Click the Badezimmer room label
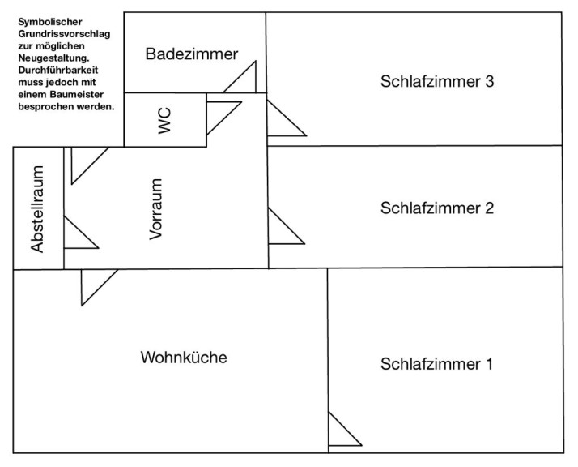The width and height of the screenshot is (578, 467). pos(192,54)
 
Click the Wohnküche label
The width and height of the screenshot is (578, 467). pos(183,358)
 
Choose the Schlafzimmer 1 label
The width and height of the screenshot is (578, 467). pos(436,363)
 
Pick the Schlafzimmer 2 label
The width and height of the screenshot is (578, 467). pos(436,208)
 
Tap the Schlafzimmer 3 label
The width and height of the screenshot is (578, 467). pos(436,82)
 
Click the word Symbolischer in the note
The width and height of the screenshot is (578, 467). pos(50,20)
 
